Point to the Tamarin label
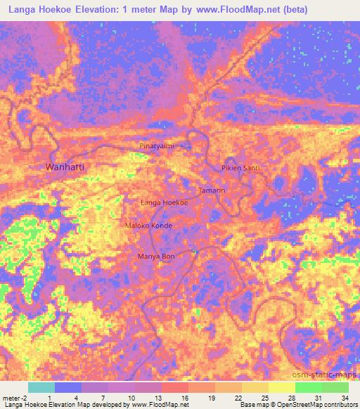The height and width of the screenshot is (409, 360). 211,191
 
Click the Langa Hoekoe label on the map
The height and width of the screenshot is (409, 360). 165,202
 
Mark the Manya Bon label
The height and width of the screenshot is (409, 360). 155,257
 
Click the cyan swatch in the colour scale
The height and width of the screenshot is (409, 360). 41,387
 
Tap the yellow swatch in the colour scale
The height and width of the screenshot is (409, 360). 281,387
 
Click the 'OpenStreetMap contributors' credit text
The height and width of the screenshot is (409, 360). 318,405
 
